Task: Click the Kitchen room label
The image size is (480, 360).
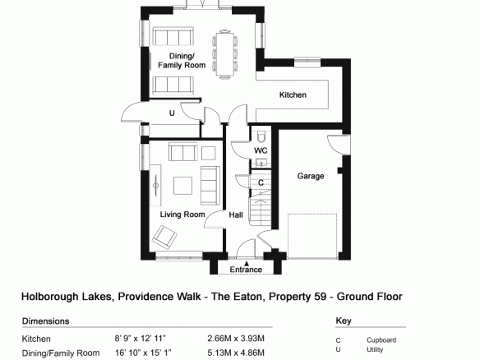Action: tap(293, 95)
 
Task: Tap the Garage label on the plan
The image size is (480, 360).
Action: tap(311, 176)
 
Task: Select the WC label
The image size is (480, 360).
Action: tap(261, 150)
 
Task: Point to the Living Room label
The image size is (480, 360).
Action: tap(182, 215)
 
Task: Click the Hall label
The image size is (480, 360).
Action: tap(236, 215)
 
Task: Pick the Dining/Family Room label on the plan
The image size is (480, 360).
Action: tap(182, 61)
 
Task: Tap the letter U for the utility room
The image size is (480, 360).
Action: tap(172, 113)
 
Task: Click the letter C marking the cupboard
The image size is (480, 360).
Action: tap(261, 182)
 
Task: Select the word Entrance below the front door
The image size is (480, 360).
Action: tap(246, 270)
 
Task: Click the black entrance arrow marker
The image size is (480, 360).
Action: tap(247, 263)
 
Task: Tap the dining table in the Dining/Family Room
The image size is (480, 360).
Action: tap(225, 54)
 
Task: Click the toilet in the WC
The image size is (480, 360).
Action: tap(261, 136)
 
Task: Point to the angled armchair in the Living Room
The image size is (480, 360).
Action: tap(164, 238)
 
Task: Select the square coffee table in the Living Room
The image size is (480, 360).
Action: tap(182, 186)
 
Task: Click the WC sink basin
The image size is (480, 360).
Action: tap(261, 163)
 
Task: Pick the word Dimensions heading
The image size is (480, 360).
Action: tap(45, 321)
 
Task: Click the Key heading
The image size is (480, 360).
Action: tap(344, 321)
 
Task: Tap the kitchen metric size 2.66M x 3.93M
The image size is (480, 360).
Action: tap(236, 339)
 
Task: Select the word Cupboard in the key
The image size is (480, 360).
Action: tap(381, 340)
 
